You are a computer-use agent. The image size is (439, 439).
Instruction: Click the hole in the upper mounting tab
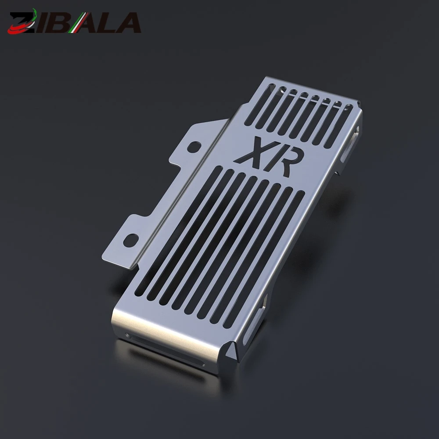pos(194,147)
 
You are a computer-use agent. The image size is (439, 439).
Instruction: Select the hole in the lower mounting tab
pos(131,241)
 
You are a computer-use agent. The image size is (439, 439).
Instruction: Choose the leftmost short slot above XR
pos(259,104)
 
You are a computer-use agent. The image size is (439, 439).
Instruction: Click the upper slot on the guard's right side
pos(350,144)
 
